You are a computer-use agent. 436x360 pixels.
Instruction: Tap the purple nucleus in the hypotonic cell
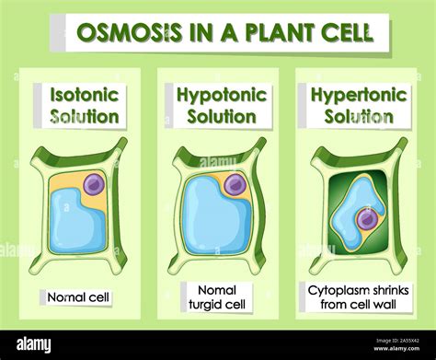[x=235, y=185]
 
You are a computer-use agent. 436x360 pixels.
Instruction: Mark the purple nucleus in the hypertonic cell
[x=368, y=219]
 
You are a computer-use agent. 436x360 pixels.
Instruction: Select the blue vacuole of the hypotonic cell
[x=212, y=216]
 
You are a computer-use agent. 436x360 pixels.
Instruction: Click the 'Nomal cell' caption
[x=76, y=297]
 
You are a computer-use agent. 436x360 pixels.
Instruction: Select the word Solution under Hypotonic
[x=221, y=117]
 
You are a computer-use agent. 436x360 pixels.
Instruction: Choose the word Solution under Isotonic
[x=83, y=117]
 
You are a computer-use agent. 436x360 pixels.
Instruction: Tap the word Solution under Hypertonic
[x=358, y=117]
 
